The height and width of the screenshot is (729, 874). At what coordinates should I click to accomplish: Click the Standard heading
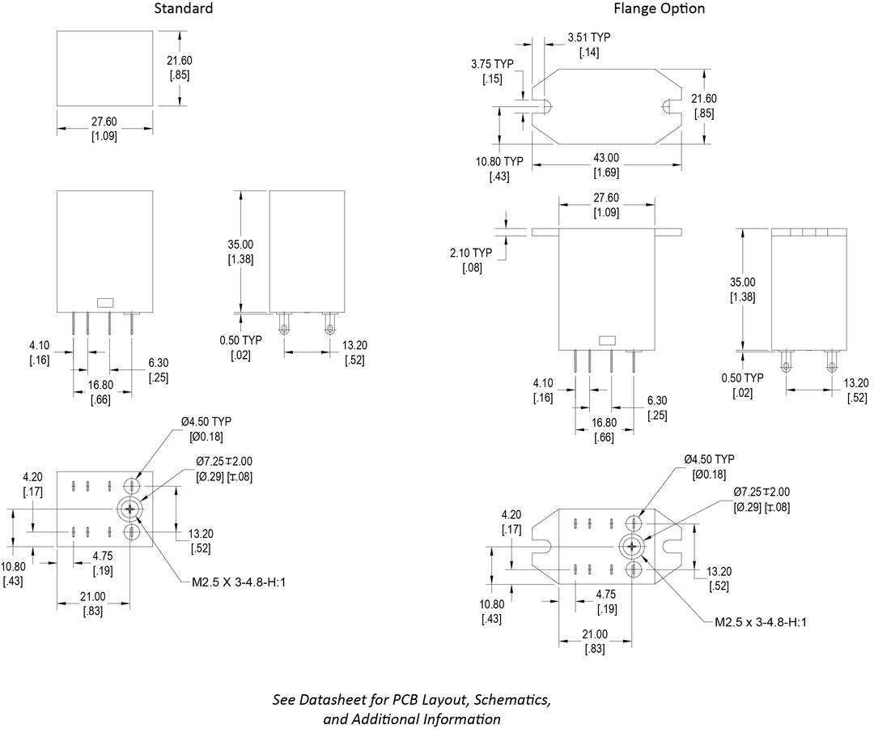(x=185, y=9)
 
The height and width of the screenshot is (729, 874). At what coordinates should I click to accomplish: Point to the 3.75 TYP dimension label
(x=494, y=64)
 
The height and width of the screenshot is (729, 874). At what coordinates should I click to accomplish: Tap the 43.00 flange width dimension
(x=607, y=158)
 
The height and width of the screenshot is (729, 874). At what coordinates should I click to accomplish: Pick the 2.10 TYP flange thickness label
(x=472, y=252)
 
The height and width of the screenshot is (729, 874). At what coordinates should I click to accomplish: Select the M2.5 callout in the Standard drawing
(x=229, y=582)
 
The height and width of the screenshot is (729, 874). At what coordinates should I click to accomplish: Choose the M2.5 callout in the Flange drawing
(x=761, y=622)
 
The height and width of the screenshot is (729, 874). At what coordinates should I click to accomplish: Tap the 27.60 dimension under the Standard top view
(x=104, y=122)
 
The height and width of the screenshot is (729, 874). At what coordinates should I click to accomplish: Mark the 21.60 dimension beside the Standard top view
(x=179, y=61)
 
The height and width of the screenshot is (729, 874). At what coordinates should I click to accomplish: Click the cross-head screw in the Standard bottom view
(x=129, y=509)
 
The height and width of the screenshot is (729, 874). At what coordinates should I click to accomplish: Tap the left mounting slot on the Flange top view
(x=545, y=107)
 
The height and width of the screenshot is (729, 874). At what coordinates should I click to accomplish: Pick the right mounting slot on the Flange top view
(x=668, y=107)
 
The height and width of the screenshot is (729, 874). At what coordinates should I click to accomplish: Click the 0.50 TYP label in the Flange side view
(x=742, y=378)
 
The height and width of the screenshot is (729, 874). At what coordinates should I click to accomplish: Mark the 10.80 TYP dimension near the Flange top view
(x=499, y=160)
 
